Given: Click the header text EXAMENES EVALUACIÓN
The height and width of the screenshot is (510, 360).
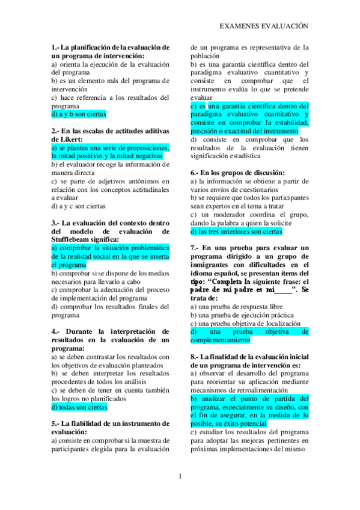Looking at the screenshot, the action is (x=264, y=26).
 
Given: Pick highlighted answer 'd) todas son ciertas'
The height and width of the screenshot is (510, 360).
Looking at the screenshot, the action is (x=79, y=406).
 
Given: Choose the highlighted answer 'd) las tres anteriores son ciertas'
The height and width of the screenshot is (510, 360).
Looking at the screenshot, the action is (x=236, y=231).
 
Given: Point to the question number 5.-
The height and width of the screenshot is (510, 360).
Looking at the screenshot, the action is (x=56, y=423).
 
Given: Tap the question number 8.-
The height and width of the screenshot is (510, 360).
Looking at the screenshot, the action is (x=195, y=356).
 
